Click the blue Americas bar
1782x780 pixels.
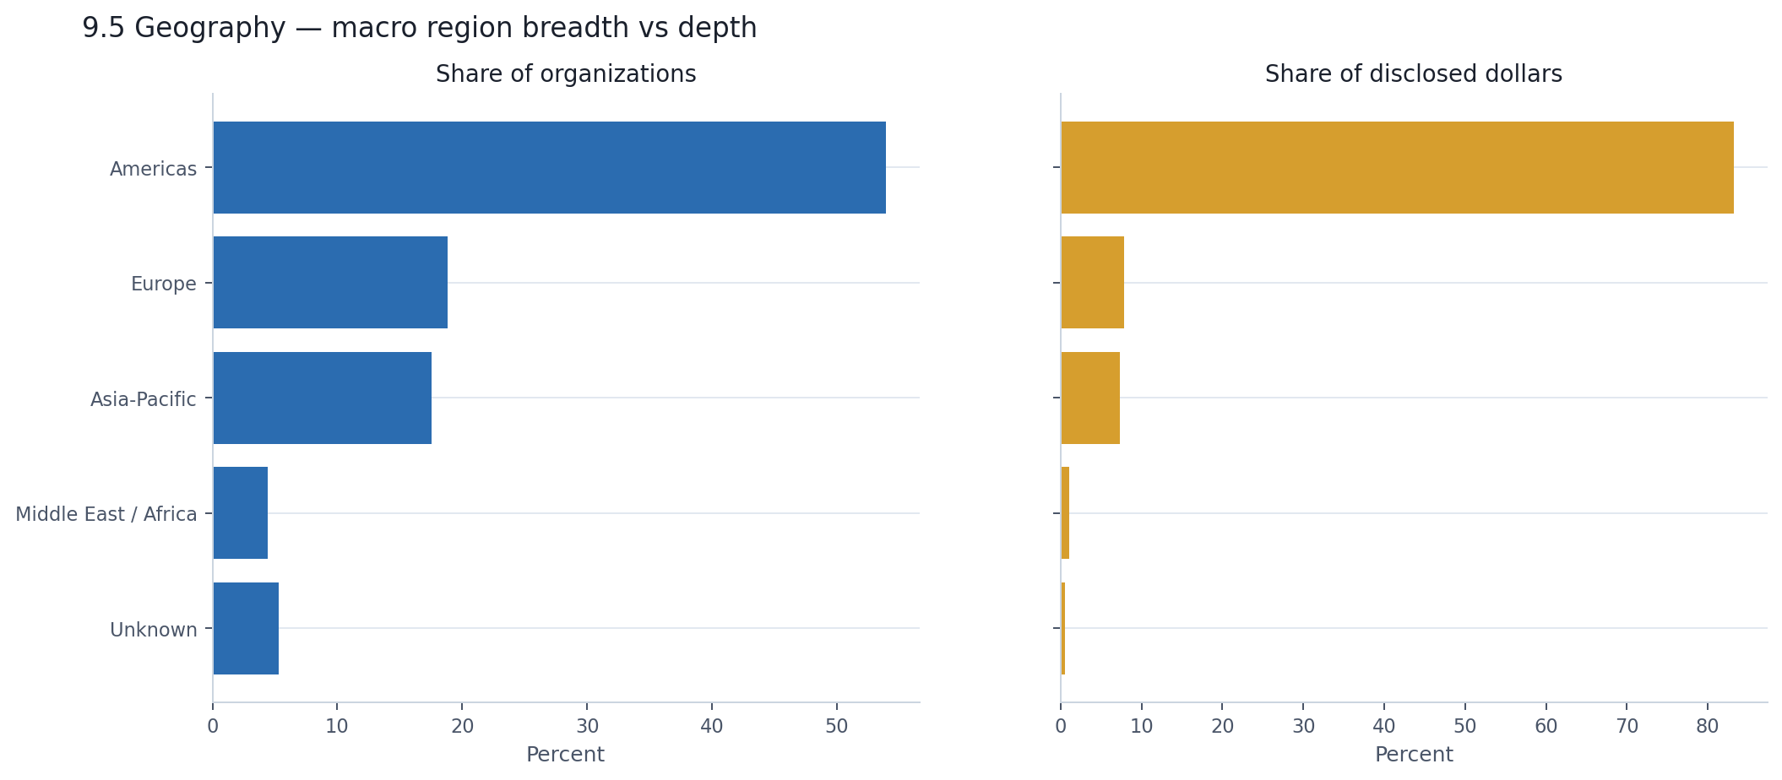coord(549,167)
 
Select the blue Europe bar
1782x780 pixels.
coord(330,282)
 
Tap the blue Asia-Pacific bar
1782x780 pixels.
coord(322,398)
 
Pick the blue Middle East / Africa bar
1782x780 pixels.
coord(241,512)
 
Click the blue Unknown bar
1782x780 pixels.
coord(246,628)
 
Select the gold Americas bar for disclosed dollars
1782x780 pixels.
coord(1397,167)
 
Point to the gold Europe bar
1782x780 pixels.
coord(1092,282)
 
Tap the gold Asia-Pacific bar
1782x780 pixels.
coord(1090,398)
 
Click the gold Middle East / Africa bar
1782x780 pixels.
coord(1065,512)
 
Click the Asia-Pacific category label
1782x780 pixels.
coord(144,399)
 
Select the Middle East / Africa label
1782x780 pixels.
coord(106,514)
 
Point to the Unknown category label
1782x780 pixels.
coord(154,630)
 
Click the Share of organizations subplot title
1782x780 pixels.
coord(566,74)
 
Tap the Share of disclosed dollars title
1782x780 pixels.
coord(1413,74)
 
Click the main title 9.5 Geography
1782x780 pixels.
coord(419,28)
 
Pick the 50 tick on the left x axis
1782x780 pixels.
coord(836,726)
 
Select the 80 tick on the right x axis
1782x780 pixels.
coord(1708,726)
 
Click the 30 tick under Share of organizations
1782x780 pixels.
coord(587,726)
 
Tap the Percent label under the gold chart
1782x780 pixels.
coord(1414,755)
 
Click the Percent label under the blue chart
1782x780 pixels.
coord(565,755)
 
